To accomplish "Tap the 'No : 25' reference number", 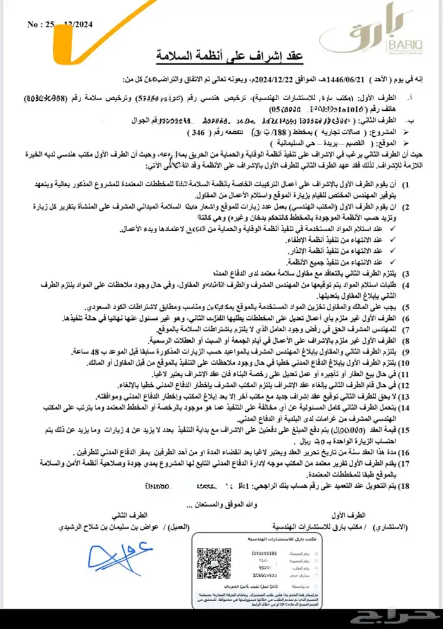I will tap(42, 25).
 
